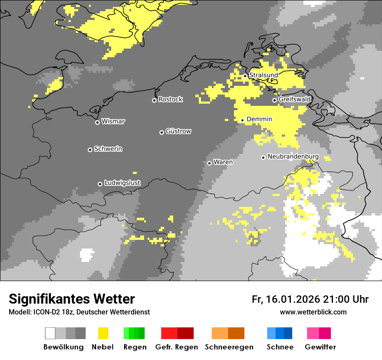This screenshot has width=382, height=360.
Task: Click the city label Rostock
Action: [171, 99]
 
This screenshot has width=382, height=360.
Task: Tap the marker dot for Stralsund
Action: [245, 76]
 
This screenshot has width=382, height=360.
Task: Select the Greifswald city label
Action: [294, 99]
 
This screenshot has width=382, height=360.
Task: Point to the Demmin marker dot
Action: [243, 120]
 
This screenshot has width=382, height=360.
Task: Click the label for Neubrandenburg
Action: [293, 157]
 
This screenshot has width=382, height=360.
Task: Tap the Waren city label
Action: [223, 162]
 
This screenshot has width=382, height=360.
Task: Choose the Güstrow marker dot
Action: [161, 132]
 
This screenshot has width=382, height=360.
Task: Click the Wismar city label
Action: [113, 121]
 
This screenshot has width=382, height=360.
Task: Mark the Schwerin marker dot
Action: [90, 150]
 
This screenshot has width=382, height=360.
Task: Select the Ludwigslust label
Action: [122, 183]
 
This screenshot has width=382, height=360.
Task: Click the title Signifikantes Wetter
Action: [72, 299]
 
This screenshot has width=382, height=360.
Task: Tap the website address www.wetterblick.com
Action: [313, 312]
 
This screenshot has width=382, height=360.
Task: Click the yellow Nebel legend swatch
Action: [103, 333]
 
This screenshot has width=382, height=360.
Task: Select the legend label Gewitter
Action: [320, 347]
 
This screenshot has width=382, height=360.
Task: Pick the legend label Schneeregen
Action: [229, 347]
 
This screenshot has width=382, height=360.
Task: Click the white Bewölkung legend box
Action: [50, 333]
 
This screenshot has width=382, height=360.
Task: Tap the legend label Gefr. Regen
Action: [176, 347]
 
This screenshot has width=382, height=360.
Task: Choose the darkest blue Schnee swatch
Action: [288, 333]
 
